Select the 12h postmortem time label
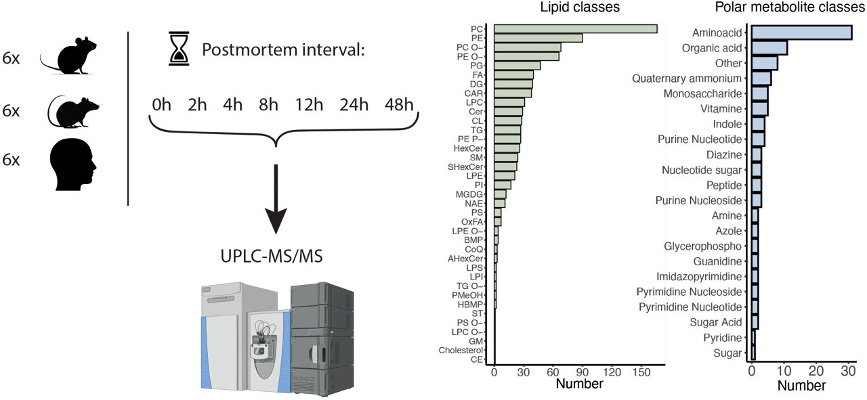pos(307,106)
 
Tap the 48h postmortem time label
pos(398,106)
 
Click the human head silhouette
pos(74,161)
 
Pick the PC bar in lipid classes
pos(576,29)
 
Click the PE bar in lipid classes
pos(538,38)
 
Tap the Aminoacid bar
pos(801,32)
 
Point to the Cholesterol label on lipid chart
pos(461,351)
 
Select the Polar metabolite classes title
pos(790,8)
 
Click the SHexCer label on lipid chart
pos(465,166)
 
